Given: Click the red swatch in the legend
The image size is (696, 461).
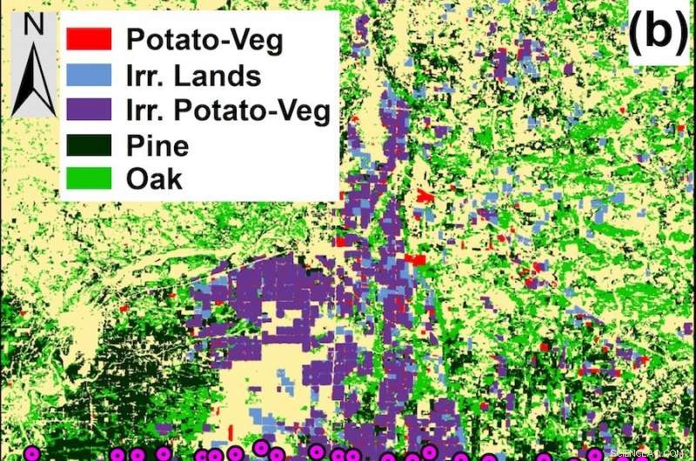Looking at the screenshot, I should click(89, 38).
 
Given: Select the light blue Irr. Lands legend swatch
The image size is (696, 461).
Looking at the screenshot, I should click(89, 75).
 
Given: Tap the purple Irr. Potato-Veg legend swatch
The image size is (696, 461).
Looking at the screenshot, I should click(89, 110).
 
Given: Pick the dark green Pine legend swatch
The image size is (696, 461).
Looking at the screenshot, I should click(89, 144).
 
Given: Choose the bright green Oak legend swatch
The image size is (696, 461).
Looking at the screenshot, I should click(89, 178).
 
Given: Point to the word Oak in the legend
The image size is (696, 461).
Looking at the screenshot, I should click(154, 179).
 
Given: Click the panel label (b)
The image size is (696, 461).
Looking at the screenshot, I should click(659, 32).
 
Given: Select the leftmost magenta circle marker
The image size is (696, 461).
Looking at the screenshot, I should click(32, 453).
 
